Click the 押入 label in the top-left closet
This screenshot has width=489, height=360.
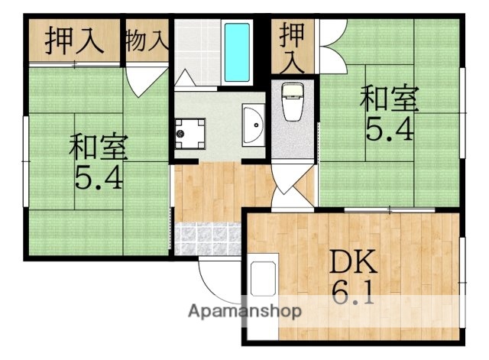coord(74,40)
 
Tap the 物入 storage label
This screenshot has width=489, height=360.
coord(145,40)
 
